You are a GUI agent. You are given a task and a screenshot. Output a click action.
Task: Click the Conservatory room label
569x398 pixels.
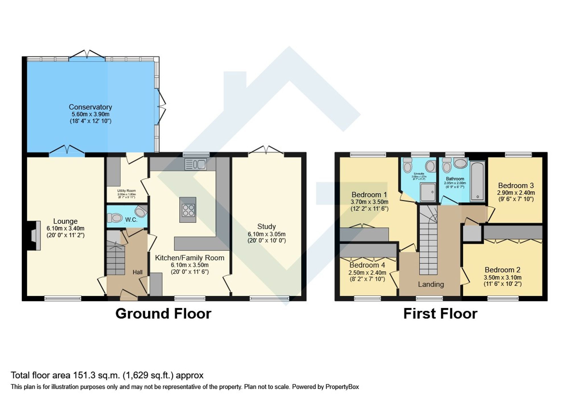tap(90, 107)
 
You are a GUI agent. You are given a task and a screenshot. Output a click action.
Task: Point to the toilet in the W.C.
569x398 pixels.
tap(115, 218)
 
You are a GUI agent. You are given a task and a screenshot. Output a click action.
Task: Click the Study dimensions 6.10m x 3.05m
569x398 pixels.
tap(267, 234)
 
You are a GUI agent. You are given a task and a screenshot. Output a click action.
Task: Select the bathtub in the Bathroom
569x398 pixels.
tap(477, 181)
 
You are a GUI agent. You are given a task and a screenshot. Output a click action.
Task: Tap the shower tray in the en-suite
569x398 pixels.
tap(428, 192)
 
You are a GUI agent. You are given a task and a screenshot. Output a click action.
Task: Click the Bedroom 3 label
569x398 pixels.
tap(516, 185)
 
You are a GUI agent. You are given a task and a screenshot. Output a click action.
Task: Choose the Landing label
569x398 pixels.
tap(431, 284)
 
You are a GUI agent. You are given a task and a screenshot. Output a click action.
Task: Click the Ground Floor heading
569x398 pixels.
tap(163, 314)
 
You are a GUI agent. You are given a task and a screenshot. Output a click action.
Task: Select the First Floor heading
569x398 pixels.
tap(440, 314)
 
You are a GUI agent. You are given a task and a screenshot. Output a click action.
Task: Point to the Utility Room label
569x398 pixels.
tap(126, 191)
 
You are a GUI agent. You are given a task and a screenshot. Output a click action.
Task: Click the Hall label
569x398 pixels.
tap(137, 272)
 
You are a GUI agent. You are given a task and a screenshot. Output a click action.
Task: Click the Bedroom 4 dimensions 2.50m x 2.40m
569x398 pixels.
tap(367, 273)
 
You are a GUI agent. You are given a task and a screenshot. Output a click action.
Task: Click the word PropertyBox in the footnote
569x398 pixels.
tap(342, 387)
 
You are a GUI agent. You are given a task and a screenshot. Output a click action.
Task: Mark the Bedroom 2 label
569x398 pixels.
tap(502, 270)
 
